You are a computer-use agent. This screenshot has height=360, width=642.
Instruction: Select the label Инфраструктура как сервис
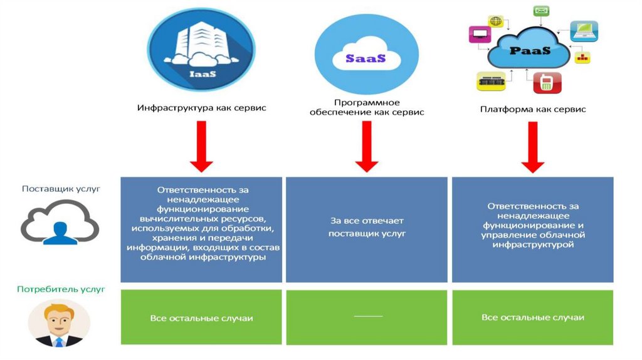tap(201, 108)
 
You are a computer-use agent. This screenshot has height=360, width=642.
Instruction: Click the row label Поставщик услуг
tap(61, 188)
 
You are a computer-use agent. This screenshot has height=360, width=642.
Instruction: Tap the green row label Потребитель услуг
tap(61, 289)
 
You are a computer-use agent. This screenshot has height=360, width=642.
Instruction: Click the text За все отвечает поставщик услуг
tap(367, 227)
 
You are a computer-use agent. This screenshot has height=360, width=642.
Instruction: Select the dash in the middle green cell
tap(367, 316)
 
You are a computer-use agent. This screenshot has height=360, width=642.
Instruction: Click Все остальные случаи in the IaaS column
tap(201, 318)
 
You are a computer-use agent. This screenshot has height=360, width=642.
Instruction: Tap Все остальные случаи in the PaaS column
tap(533, 317)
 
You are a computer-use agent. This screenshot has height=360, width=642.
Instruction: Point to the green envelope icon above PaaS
tap(541, 11)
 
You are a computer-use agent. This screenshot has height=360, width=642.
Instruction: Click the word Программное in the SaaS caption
tap(367, 102)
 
